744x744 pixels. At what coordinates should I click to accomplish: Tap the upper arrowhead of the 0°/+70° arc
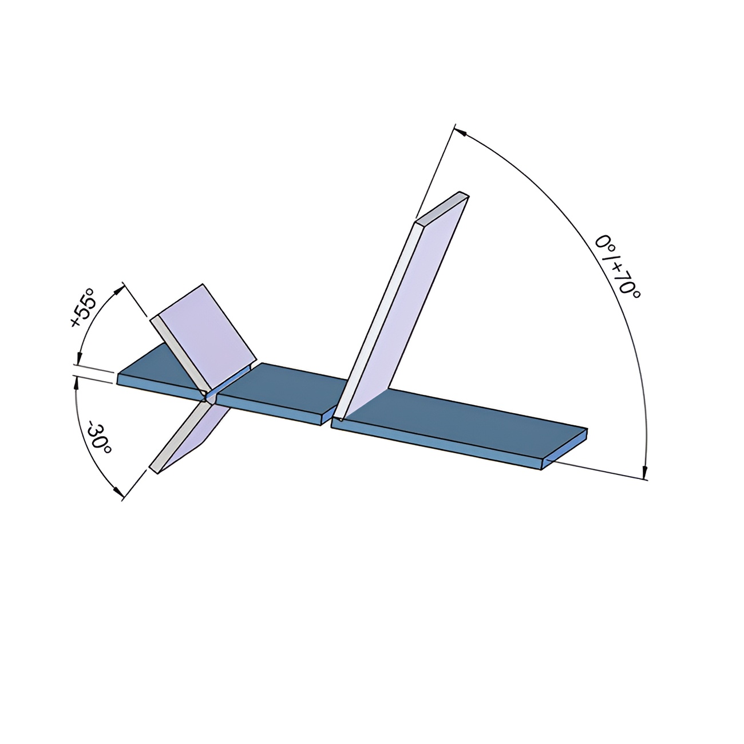click(461, 132)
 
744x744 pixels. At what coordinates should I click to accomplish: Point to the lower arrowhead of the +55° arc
click(80, 358)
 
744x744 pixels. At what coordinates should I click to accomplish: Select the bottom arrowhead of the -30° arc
click(118, 491)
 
